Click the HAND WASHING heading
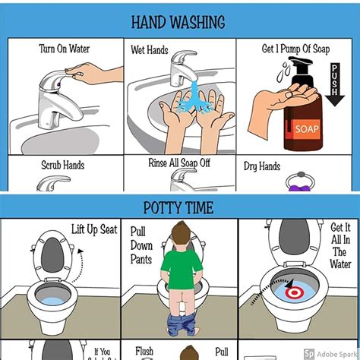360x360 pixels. click(179, 22)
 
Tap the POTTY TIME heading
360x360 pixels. click(179, 207)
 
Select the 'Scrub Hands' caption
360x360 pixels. click(62, 164)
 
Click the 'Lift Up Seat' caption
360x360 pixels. click(94, 229)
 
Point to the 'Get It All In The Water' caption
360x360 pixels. click(340, 246)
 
